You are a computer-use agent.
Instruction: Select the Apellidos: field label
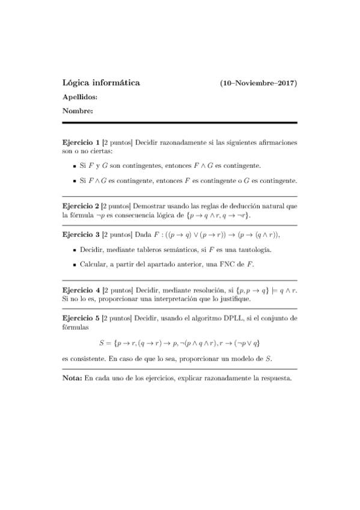click(80, 97)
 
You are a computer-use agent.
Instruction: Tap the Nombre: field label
click(78, 111)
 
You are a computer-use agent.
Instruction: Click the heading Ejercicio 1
click(81, 143)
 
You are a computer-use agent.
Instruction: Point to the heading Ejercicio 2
click(81, 206)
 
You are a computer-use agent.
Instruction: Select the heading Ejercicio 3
click(81, 234)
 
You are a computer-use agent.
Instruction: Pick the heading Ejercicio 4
click(81, 289)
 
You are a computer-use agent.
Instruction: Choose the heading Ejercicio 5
click(81, 317)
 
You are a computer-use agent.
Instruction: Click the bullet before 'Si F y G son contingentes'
click(73, 165)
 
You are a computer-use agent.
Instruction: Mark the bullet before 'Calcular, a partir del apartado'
click(73, 264)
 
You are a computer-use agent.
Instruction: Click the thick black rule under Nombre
click(180, 123)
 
